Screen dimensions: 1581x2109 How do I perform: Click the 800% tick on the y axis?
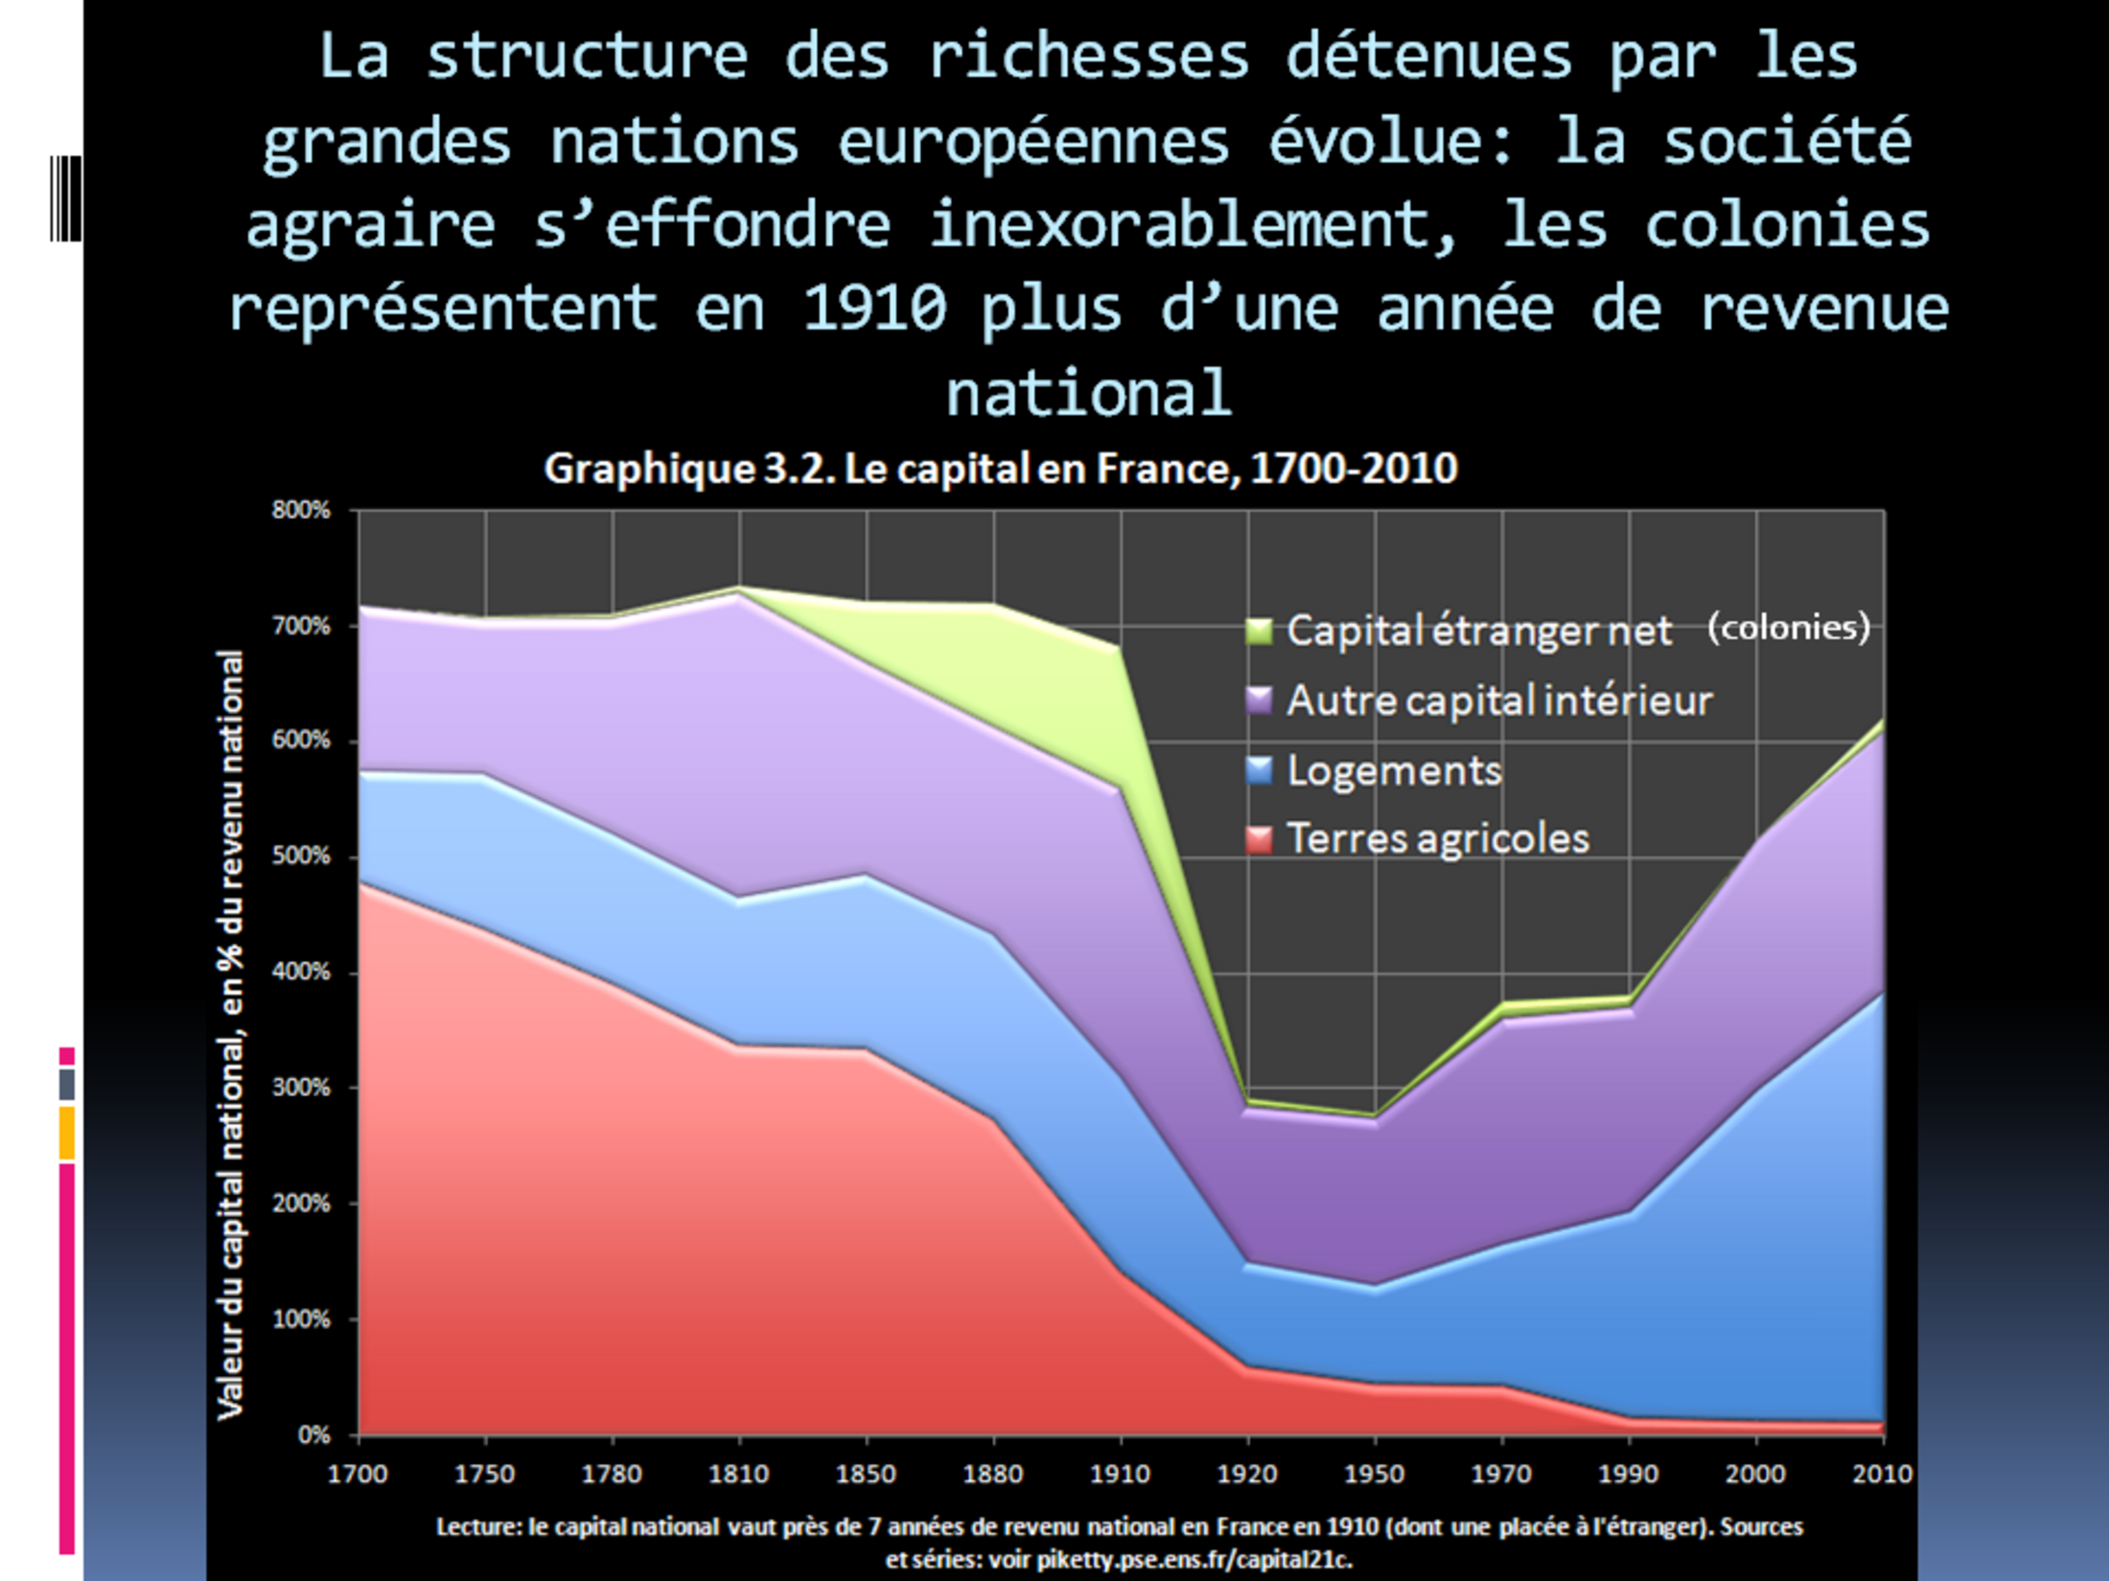(300, 510)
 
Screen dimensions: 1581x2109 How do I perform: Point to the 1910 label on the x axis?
(1120, 1474)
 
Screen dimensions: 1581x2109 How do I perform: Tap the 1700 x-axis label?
(358, 1474)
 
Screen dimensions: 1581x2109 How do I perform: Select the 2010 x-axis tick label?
(1882, 1474)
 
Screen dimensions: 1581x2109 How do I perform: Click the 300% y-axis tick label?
(300, 1088)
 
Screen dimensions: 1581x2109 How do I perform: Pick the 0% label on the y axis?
(313, 1434)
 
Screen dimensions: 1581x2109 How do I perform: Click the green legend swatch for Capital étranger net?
(1258, 630)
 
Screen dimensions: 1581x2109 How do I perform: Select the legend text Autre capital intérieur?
(1498, 700)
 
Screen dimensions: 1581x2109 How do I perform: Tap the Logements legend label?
(1394, 770)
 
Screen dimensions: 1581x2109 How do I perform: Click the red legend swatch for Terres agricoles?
(1258, 839)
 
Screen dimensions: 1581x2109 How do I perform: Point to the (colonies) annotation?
(1788, 628)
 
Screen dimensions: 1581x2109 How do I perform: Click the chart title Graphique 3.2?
(1000, 469)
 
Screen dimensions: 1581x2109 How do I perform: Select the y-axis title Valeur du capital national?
(230, 1035)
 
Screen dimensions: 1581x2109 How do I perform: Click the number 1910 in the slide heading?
(874, 309)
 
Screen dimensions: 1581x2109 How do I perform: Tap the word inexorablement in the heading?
(1194, 225)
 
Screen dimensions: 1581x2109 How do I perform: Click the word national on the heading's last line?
(1088, 392)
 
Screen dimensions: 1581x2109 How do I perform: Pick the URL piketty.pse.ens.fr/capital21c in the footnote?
(1194, 1559)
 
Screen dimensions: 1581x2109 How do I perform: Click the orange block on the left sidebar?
(66, 1133)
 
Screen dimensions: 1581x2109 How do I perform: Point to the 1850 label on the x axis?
(866, 1474)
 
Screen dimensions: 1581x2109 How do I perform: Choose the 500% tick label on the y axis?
(300, 856)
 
